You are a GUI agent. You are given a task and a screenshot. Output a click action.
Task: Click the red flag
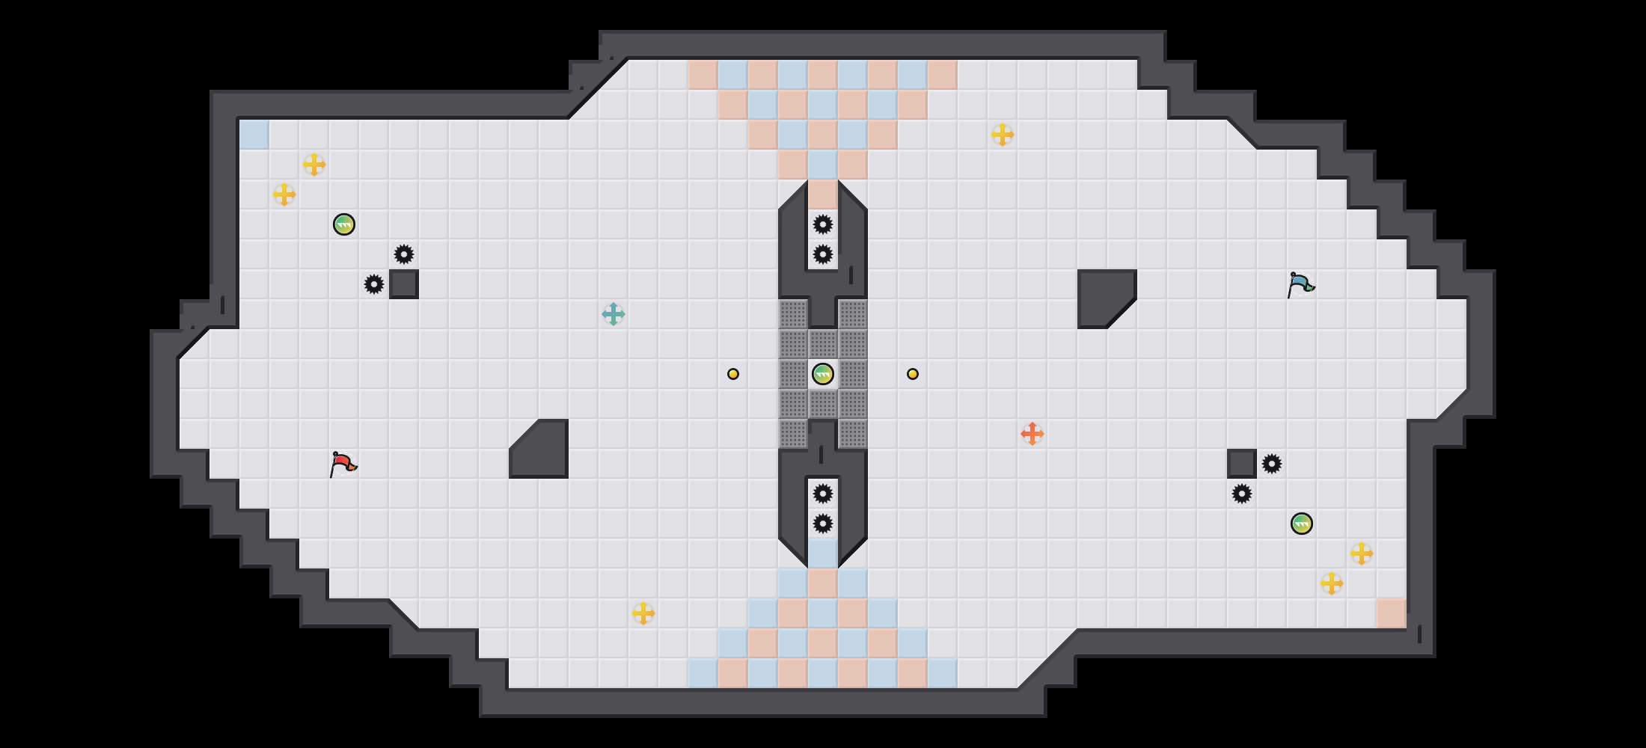[343, 464]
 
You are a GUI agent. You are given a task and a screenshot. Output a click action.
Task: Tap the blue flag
[1300, 284]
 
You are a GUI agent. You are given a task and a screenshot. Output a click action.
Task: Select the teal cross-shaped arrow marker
[614, 314]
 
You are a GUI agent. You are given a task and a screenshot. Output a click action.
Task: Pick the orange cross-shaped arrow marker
[1032, 434]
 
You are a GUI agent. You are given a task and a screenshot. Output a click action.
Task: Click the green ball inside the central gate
[823, 374]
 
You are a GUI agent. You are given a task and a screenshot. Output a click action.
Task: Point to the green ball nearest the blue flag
[1302, 524]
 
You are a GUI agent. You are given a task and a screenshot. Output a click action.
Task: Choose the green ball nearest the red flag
[344, 224]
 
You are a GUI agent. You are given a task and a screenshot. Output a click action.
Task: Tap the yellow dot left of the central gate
[733, 374]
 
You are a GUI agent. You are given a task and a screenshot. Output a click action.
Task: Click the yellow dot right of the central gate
[913, 374]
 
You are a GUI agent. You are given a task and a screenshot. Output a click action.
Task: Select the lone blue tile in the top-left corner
[254, 135]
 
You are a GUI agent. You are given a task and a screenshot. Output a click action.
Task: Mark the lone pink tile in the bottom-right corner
[1392, 613]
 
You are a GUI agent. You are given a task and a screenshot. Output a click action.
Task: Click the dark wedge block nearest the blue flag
[1104, 295]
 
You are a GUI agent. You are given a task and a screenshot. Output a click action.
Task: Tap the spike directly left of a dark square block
[374, 284]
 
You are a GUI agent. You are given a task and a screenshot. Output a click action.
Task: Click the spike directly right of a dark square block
[1272, 464]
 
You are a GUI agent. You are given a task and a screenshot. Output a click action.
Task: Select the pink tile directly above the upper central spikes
[823, 194]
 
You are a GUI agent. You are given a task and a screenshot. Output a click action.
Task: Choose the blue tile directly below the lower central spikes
[823, 554]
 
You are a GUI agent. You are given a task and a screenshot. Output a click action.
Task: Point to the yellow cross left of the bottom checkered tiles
[643, 613]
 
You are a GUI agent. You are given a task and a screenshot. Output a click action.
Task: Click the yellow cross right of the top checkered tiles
[1003, 135]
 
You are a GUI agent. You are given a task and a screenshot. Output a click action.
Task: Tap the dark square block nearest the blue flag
[1242, 464]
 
